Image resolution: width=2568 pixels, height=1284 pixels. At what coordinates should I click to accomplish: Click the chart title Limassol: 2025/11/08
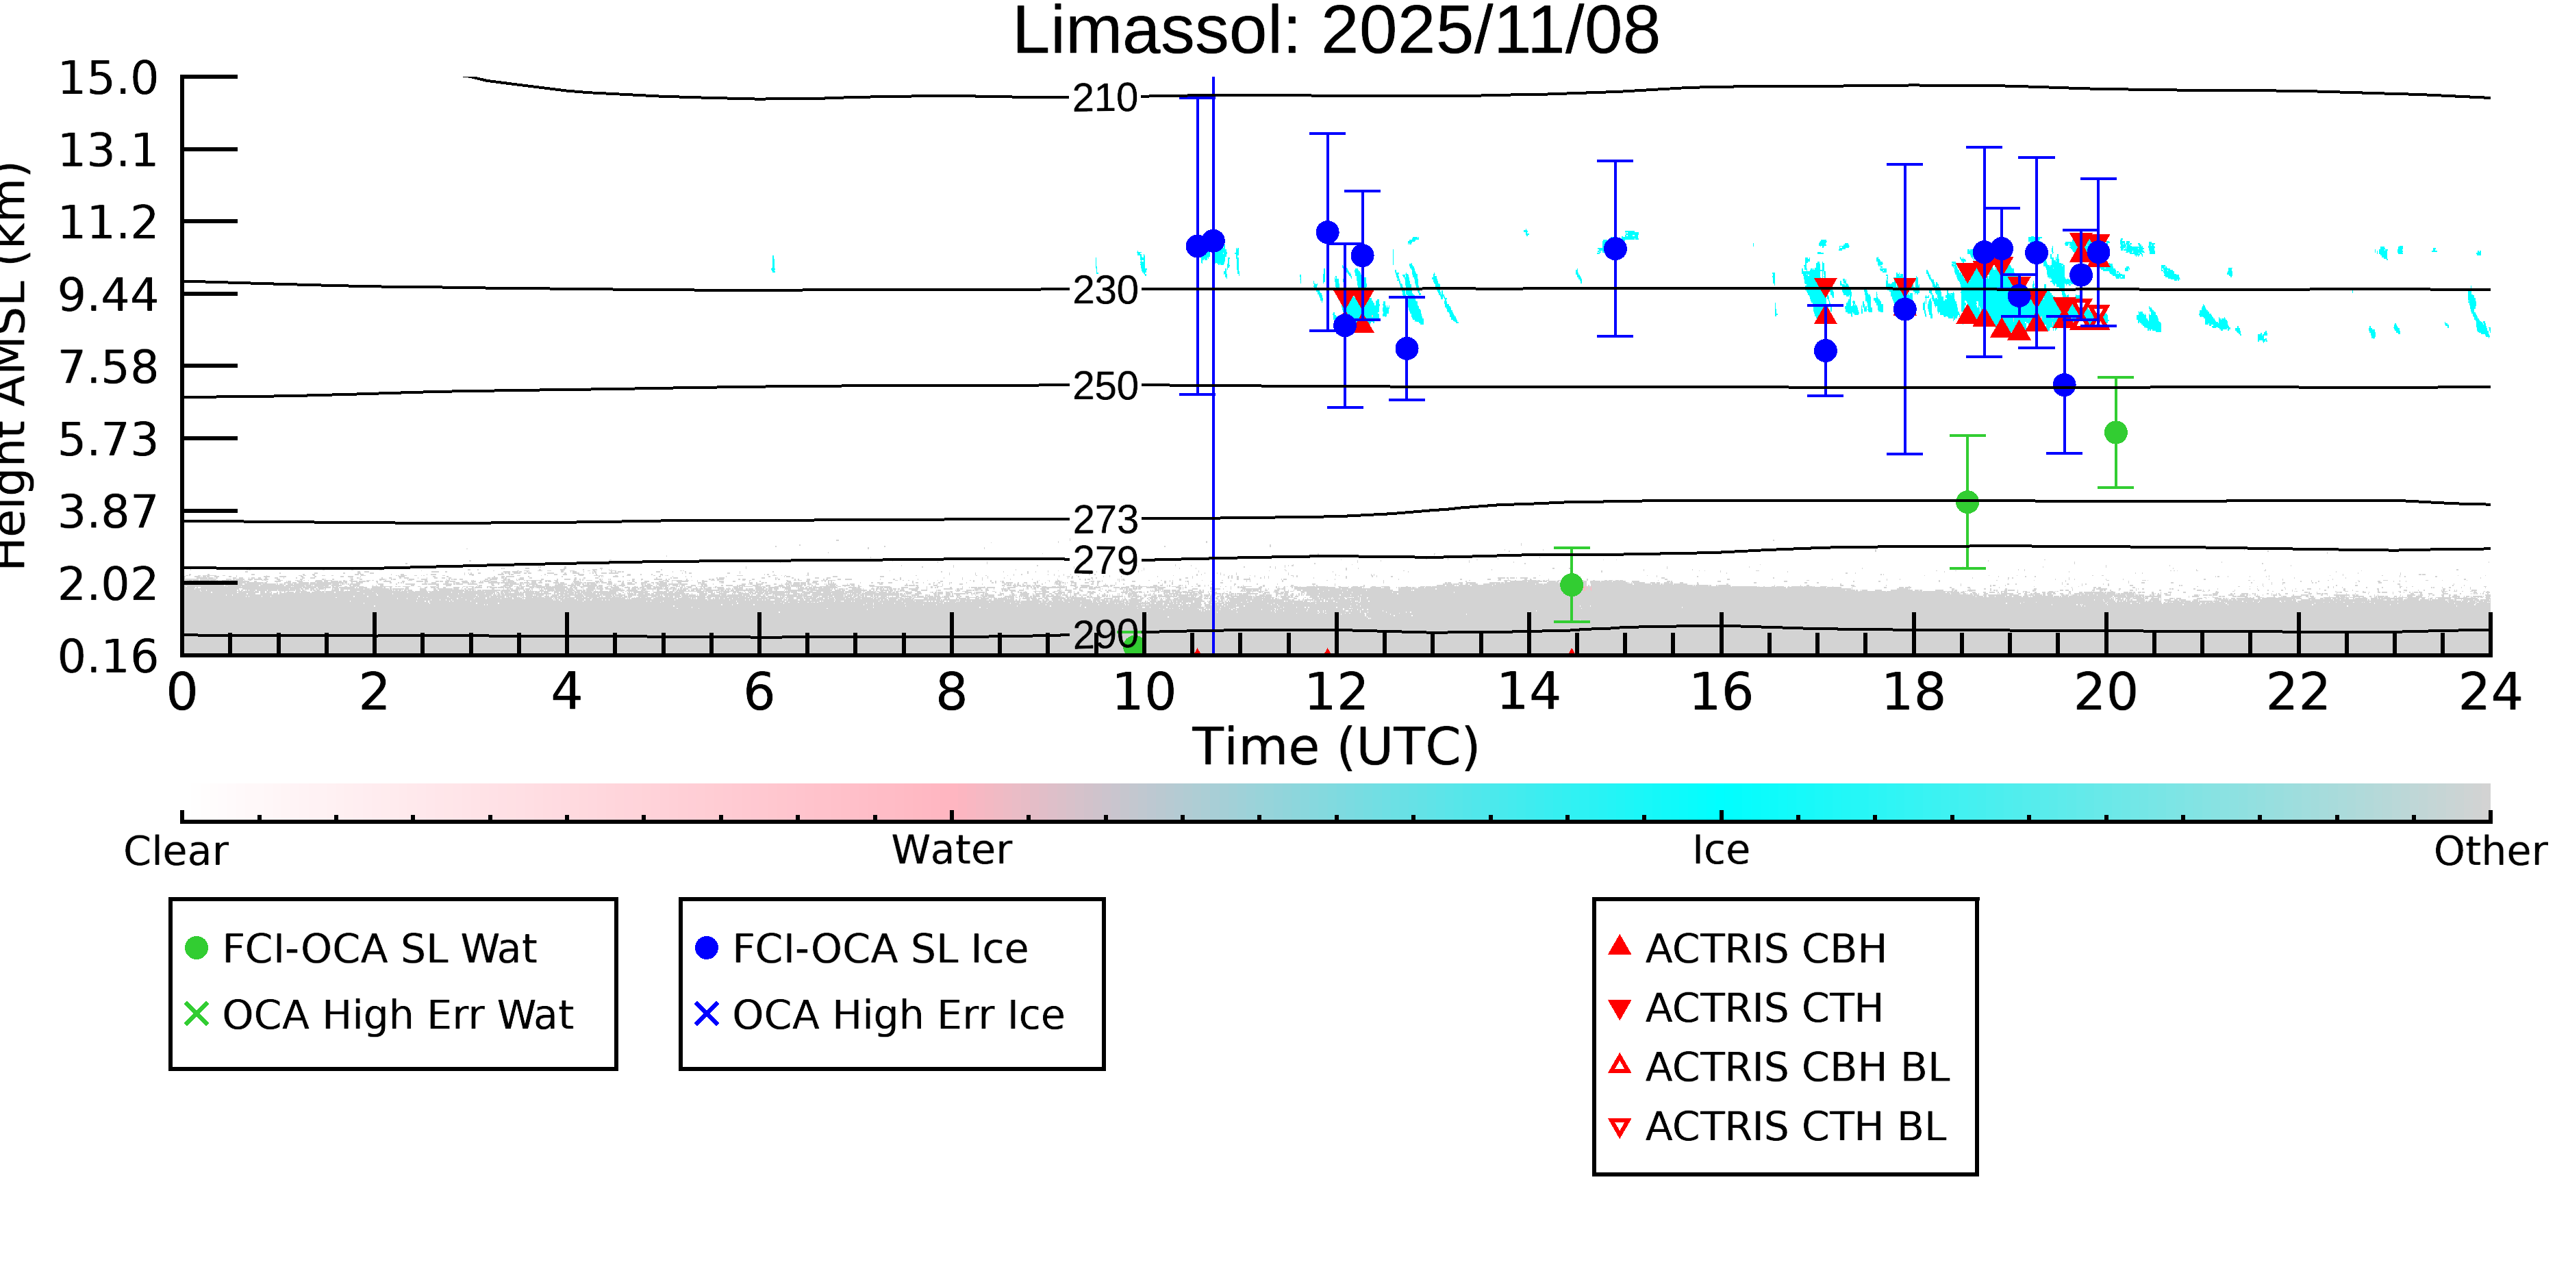pos(1336,32)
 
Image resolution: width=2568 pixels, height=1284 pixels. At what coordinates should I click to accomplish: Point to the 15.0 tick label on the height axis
pos(108,79)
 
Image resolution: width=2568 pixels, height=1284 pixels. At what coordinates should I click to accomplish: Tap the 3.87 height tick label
pos(108,512)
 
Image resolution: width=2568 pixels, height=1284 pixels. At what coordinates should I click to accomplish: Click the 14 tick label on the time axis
pos(1528,693)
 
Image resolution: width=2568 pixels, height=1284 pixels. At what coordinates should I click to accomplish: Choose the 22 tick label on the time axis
pos(2298,693)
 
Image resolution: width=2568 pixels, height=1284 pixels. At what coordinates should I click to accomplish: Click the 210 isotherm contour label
pos(1105,99)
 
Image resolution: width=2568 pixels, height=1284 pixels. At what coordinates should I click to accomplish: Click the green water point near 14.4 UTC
pos(1571,586)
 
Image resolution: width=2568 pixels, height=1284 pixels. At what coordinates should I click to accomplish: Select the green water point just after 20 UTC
pos(2115,433)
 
